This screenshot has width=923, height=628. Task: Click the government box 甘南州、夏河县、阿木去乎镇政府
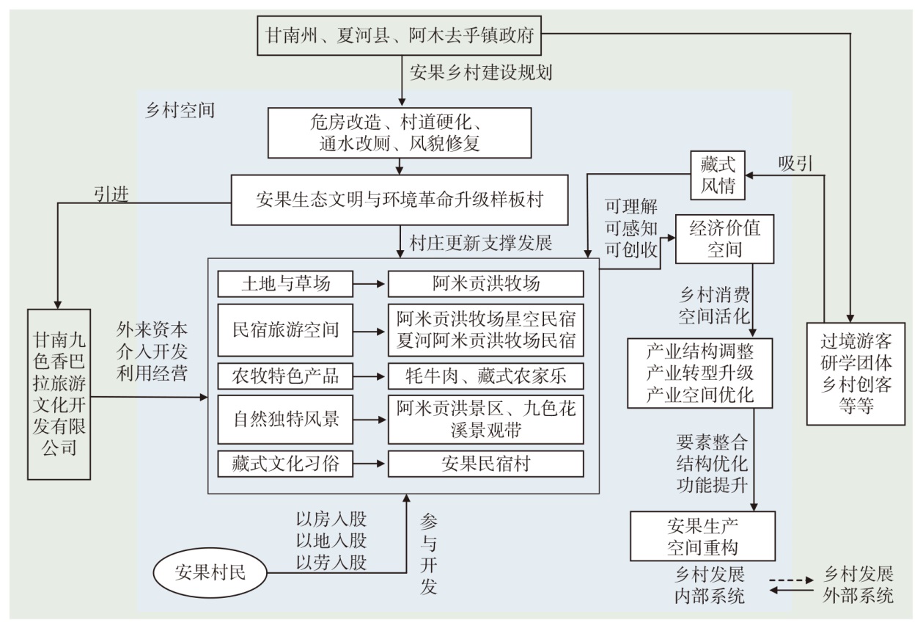tap(399, 35)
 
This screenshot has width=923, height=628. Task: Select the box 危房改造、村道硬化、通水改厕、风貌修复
tap(400, 133)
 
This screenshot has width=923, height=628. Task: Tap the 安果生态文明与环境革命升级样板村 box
tap(400, 200)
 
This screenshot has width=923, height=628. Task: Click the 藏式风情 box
tap(718, 175)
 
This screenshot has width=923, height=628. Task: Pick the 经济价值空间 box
tap(724, 238)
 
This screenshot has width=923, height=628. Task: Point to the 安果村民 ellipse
tap(210, 572)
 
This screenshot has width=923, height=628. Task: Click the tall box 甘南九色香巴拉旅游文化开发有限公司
tap(59, 394)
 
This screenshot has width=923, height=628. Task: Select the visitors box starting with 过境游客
tap(856, 373)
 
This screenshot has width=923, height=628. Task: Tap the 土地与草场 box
tap(285, 284)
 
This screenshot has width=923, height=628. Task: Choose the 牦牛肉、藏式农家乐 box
tap(486, 376)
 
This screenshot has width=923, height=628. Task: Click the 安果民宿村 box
tap(486, 464)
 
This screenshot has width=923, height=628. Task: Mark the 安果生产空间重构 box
tap(702, 536)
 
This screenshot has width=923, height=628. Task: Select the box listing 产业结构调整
tap(699, 373)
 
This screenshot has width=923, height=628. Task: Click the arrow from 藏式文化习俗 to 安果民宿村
tap(369, 464)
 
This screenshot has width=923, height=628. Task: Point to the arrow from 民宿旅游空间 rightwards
tap(369, 332)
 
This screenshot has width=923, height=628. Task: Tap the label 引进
tap(111, 194)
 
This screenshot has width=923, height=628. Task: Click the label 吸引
tap(795, 164)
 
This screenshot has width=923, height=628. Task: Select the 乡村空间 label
tap(180, 111)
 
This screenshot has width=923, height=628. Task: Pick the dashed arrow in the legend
tap(792, 580)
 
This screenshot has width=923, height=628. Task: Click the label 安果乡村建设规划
tap(481, 73)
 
